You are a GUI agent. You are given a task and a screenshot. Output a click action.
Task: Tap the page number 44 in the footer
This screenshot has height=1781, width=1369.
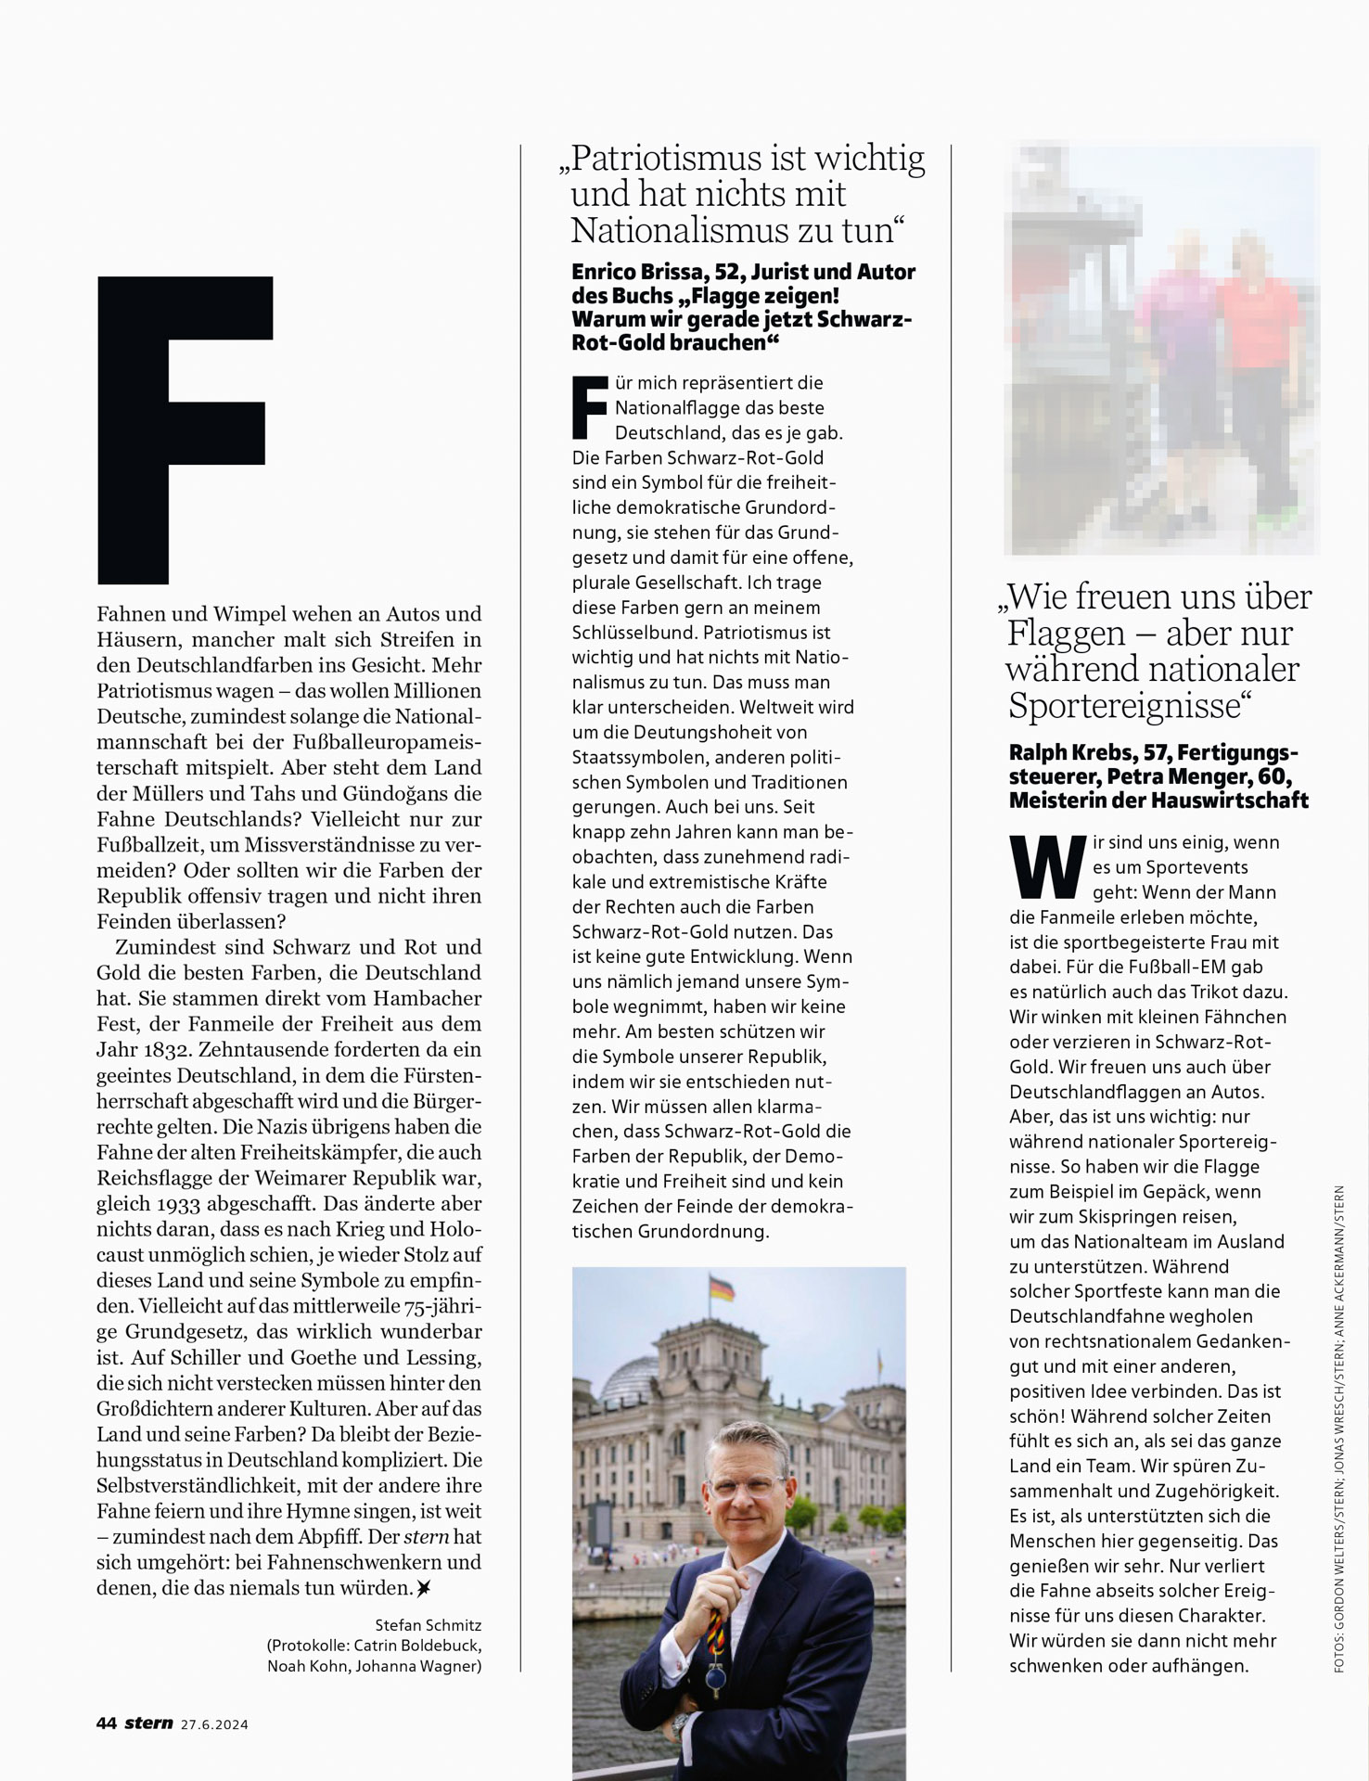tap(106, 1723)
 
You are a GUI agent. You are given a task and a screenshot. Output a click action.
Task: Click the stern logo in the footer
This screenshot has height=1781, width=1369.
tap(148, 1723)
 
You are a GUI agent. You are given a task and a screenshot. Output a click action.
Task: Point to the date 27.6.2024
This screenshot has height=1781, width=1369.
tap(214, 1724)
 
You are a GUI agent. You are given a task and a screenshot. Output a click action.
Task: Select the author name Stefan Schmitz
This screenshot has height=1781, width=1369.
tap(429, 1625)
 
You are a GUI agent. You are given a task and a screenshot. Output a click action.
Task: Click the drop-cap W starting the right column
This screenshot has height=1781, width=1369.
tap(1047, 866)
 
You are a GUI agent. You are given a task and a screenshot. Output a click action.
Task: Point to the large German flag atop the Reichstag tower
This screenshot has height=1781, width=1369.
tap(721, 1289)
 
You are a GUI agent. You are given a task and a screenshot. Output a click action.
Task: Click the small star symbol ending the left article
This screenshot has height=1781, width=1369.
tap(423, 1588)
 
